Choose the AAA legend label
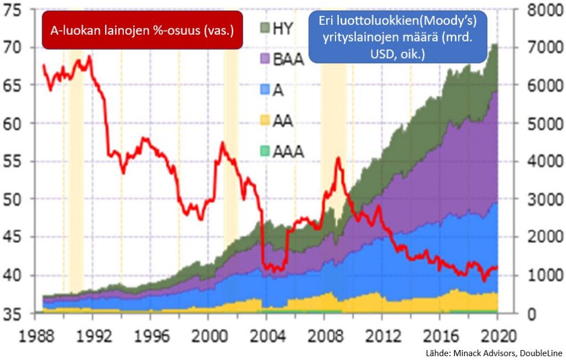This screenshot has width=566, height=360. pyautogui.click(x=289, y=150)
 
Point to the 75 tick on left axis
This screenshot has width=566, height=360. pyautogui.click(x=15, y=10)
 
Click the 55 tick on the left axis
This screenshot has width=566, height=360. pyautogui.click(x=15, y=161)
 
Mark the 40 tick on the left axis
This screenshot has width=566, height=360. pyautogui.click(x=15, y=275)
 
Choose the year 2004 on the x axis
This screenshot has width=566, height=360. pyautogui.click(x=265, y=335)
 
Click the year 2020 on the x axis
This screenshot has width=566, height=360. pyautogui.click(x=497, y=335)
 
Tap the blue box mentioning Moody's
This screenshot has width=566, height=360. pyautogui.click(x=398, y=38)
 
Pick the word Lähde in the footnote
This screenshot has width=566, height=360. pyautogui.click(x=436, y=353)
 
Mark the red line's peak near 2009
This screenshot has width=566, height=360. pyautogui.click(x=338, y=158)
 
